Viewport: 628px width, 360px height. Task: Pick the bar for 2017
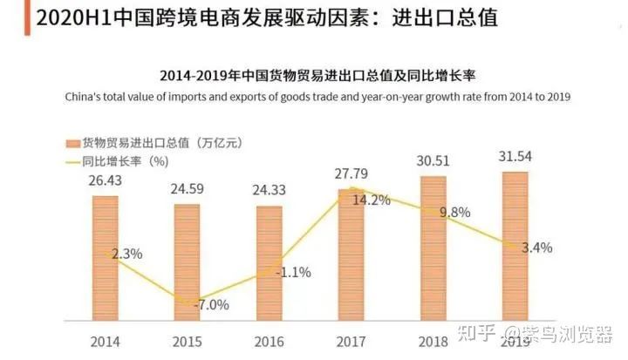351,253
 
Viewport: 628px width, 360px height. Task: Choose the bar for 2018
433,248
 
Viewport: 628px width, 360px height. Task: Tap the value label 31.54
515,158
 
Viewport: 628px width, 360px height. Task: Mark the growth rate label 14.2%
371,199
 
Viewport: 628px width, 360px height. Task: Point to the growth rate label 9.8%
454,212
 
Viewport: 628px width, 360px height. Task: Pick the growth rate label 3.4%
536,248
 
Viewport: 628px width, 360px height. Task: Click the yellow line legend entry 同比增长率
113,160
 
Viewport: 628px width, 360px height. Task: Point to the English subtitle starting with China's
314,97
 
